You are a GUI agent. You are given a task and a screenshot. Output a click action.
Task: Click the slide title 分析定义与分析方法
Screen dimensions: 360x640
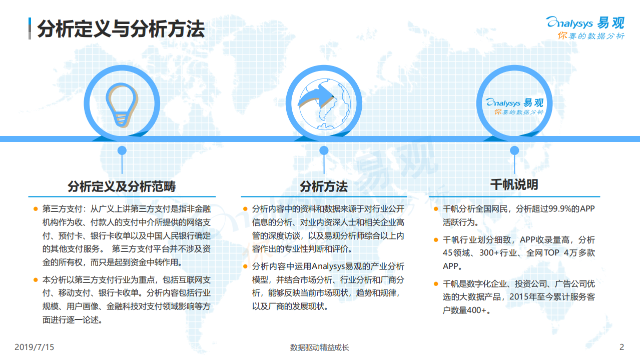(121, 29)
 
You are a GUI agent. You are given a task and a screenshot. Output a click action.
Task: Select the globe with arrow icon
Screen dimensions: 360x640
(323, 104)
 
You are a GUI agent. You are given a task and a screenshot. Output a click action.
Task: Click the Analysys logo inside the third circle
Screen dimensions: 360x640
(515, 105)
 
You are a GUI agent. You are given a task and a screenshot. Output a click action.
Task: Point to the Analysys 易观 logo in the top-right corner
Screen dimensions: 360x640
(585, 28)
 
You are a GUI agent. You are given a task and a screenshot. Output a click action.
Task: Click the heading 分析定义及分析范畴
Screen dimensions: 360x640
(122, 186)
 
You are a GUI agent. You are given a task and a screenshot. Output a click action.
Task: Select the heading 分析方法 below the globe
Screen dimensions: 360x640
(323, 186)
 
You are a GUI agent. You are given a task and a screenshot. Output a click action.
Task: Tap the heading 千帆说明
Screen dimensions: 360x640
(514, 184)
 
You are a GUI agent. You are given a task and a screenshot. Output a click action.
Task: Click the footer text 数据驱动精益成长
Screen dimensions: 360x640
(320, 347)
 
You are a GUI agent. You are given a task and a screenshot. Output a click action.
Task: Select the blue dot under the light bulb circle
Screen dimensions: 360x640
(122, 150)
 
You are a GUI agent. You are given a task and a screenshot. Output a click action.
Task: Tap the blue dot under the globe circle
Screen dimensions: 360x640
(324, 150)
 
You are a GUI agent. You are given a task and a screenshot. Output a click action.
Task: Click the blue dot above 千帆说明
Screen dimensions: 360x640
(514, 150)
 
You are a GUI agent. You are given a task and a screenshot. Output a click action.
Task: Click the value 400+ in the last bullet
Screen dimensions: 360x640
(473, 310)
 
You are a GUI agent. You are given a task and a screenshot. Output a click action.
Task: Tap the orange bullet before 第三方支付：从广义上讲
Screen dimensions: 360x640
(36, 208)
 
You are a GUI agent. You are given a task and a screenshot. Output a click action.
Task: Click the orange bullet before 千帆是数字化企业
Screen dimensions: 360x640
(436, 284)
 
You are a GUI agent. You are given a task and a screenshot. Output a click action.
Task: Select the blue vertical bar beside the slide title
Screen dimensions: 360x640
(31, 29)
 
